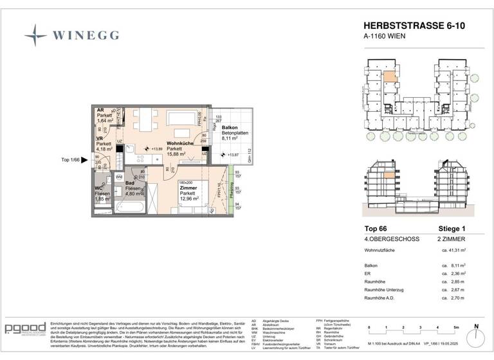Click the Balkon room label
(231, 128)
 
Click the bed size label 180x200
(187, 182)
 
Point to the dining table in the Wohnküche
(144, 118)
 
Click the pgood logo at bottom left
(25, 330)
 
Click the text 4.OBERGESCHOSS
(391, 239)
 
